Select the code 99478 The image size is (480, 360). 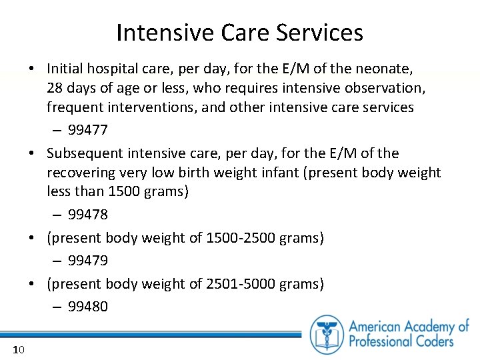point(88,215)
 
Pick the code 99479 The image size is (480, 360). point(88,260)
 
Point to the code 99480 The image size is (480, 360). point(88,307)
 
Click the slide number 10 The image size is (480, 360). point(19,350)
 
